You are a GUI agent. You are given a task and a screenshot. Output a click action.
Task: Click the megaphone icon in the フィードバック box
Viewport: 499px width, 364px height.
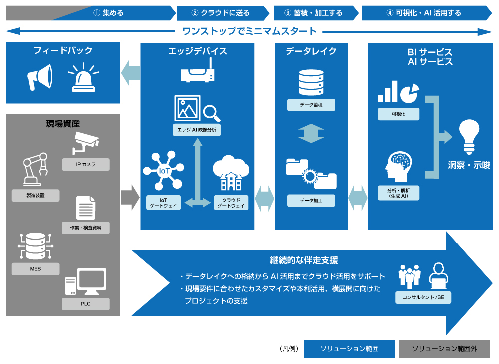click(39, 77)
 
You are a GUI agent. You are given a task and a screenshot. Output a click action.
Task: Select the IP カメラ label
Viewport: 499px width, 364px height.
click(85, 164)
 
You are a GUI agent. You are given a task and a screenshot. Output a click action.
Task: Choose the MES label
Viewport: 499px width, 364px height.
click(35, 269)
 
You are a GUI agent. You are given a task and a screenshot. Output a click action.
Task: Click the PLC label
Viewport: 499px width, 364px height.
click(85, 303)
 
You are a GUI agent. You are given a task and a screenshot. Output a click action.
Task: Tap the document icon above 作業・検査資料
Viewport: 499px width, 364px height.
click(85, 208)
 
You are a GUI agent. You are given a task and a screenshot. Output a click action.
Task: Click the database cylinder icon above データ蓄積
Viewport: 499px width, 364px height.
click(310, 83)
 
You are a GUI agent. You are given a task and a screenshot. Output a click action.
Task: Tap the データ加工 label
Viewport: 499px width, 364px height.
click(311, 200)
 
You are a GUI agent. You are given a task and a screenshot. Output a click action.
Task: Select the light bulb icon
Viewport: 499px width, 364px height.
click(469, 136)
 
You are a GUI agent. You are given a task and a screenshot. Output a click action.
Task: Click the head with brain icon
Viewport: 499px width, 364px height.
click(399, 167)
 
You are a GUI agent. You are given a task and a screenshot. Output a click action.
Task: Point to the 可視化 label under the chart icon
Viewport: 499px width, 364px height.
click(399, 114)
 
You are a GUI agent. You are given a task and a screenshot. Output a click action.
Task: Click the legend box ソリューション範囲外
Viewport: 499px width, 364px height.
click(444, 349)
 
